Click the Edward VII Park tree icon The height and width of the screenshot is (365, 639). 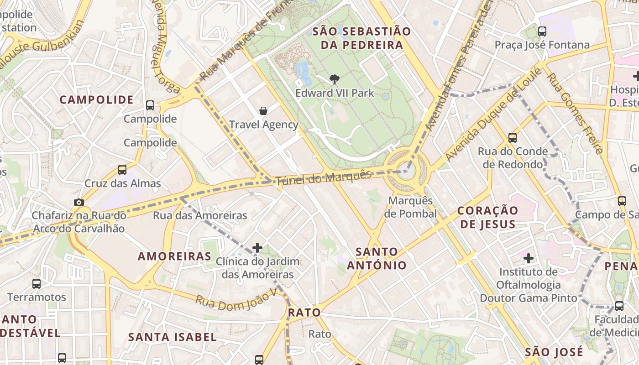(x=334, y=79)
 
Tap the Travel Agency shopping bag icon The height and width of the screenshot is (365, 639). (x=263, y=110)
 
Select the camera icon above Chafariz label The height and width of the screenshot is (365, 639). (x=79, y=202)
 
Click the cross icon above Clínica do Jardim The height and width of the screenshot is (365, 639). (x=257, y=248)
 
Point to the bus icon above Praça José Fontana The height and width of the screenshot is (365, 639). (x=542, y=31)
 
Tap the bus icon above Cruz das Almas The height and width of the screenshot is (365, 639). (x=122, y=170)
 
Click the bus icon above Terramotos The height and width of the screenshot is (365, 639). (x=37, y=284)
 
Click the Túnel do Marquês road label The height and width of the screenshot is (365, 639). (x=324, y=177)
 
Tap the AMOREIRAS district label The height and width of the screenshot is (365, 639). (x=174, y=256)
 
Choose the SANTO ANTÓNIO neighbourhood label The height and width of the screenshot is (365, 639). (x=377, y=258)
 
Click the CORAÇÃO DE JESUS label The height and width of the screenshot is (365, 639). (x=487, y=217)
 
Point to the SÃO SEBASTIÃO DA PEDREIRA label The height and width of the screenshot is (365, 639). (x=361, y=38)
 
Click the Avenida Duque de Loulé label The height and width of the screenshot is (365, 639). (x=493, y=114)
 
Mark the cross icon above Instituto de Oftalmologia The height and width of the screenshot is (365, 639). (x=529, y=258)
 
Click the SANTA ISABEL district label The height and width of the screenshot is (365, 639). (x=172, y=337)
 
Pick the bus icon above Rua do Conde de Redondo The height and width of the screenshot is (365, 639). (x=513, y=137)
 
